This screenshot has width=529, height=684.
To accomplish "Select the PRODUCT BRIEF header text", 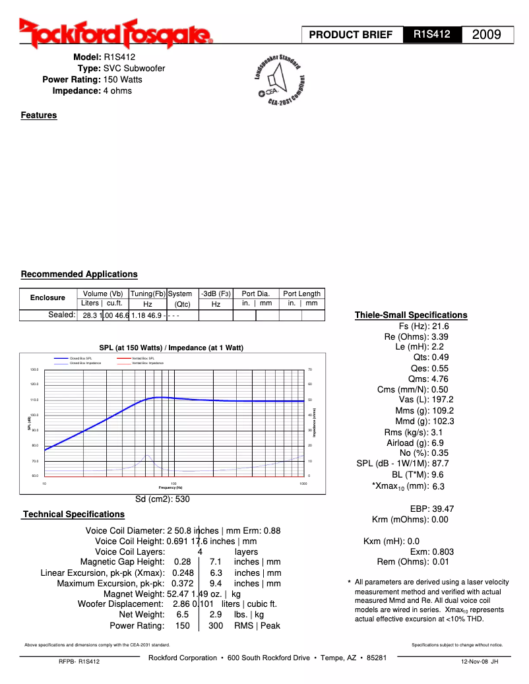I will [351, 35].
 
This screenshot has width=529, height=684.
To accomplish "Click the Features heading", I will [39, 115].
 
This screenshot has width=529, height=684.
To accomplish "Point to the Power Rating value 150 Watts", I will [123, 80].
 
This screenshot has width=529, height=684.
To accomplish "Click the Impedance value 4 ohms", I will [117, 91].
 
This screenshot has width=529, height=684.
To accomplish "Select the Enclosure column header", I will [47, 298].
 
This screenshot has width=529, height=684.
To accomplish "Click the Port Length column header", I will [301, 294].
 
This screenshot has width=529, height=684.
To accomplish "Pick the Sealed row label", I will [62, 315].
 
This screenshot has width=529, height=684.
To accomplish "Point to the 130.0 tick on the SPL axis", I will [35, 369].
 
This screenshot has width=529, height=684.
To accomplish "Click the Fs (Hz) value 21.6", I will [441, 326].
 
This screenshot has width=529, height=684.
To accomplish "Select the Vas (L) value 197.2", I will [442, 400].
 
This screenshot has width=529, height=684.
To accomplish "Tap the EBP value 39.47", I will [443, 509].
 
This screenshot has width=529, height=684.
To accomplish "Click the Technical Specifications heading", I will [74, 514].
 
